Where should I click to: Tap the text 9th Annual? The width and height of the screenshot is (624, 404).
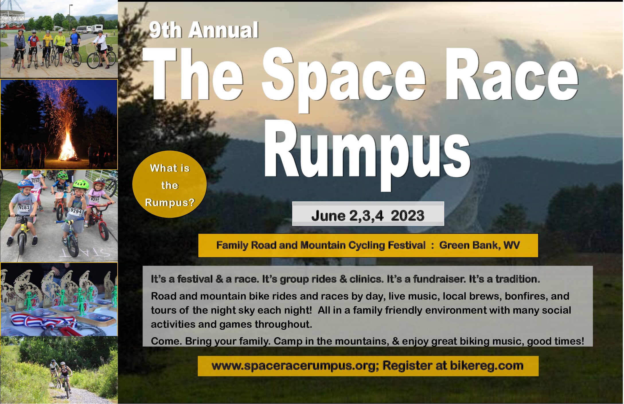(204, 30)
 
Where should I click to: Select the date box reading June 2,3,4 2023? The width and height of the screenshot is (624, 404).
(368, 214)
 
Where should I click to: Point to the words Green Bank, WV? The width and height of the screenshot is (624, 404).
(479, 245)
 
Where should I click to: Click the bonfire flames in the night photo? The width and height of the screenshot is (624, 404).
(68, 146)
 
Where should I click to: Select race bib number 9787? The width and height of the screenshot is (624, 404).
(24, 207)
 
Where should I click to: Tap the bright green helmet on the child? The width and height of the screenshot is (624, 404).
(81, 184)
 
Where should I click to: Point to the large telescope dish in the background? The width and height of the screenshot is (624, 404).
(447, 198)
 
